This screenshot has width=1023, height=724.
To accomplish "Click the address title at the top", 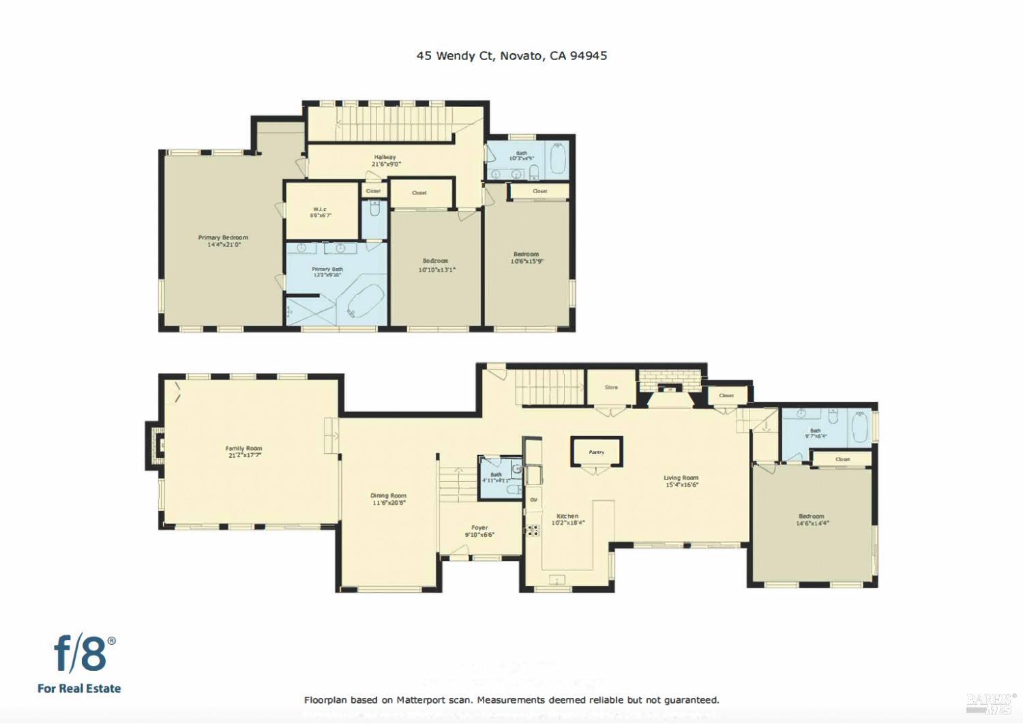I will click(x=512, y=56).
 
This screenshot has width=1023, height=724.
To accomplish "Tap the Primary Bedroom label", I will click(x=224, y=240).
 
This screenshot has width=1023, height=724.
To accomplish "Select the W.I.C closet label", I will click(x=320, y=212).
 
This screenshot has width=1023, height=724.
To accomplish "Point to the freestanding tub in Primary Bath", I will click(x=366, y=302).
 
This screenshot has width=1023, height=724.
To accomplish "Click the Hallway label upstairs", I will click(x=385, y=160).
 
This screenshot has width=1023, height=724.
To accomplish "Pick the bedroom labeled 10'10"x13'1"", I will click(x=436, y=265).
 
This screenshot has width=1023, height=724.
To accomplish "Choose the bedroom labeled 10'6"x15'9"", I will click(x=526, y=257).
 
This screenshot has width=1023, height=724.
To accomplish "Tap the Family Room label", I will click(x=243, y=452).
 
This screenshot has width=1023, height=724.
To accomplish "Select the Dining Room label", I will click(x=389, y=499).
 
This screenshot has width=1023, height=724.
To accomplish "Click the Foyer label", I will click(x=479, y=531).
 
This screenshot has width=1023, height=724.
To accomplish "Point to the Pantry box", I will click(x=596, y=452).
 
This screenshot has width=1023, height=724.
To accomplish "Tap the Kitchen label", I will click(x=567, y=519).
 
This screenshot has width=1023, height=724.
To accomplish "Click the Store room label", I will click(x=611, y=388).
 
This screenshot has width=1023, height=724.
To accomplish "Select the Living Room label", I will click(x=681, y=481).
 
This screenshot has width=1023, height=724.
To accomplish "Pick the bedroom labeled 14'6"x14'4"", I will click(x=812, y=519).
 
